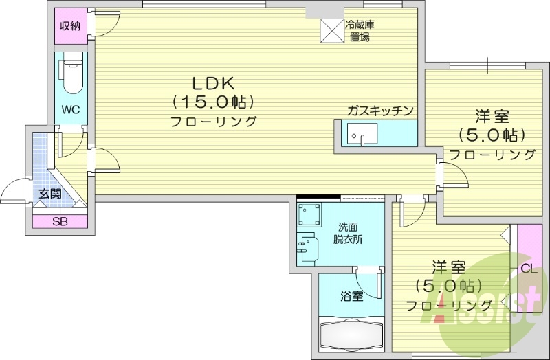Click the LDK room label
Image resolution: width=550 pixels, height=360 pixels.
214,83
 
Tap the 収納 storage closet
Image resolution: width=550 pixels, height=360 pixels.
70,27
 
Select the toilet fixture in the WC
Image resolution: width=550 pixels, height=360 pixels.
70,78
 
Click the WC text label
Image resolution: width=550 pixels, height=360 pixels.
70,110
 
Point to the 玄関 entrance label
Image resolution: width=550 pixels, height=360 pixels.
49,194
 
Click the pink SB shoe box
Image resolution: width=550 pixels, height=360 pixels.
59,221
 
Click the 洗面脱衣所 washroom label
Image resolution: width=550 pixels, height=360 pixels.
349,234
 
